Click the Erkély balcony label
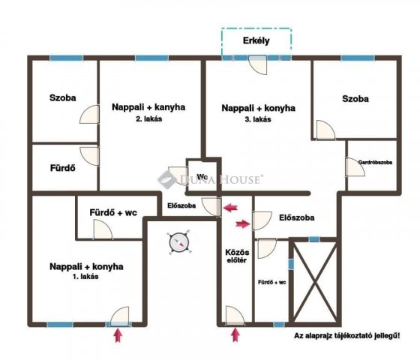click(x=256, y=40)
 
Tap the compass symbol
click(x=179, y=242)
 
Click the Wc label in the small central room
click(x=202, y=176)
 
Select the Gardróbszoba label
click(x=375, y=162)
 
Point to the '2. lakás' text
click(x=149, y=119)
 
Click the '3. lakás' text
click(x=258, y=119)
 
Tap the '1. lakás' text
click(x=85, y=277)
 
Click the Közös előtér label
click(x=237, y=256)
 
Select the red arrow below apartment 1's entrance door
click(x=118, y=336)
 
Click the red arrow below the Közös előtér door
click(x=235, y=335)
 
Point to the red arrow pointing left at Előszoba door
click(x=231, y=208)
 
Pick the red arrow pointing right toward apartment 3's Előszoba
click(x=243, y=224)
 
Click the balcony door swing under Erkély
click(x=258, y=65)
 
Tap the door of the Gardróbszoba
click(x=355, y=166)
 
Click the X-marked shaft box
click(x=315, y=281)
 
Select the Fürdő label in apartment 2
click(x=63, y=168)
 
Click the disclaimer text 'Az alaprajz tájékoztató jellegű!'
click(x=347, y=336)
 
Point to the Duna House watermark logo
click(x=210, y=178)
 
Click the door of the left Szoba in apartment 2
click(x=89, y=114)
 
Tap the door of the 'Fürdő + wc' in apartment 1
click(x=103, y=229)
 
